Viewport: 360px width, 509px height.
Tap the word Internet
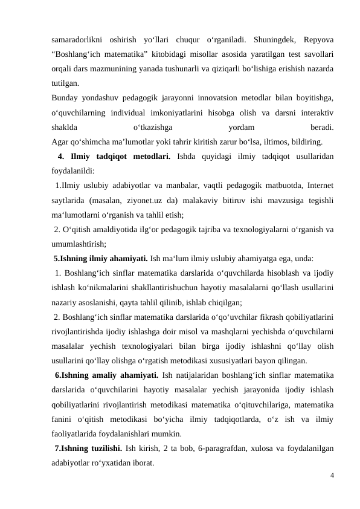click(x=322, y=186)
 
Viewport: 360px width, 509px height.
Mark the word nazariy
click(x=66, y=302)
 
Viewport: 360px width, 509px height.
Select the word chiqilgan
click(x=223, y=302)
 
